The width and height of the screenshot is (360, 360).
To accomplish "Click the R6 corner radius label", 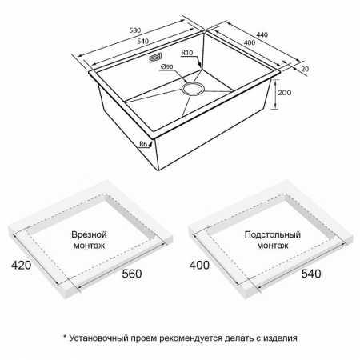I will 144,144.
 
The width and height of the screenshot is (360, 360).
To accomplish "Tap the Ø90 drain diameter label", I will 168,67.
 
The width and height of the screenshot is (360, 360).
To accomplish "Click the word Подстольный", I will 273,234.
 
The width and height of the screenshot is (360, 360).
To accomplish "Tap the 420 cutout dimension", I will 21,264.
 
